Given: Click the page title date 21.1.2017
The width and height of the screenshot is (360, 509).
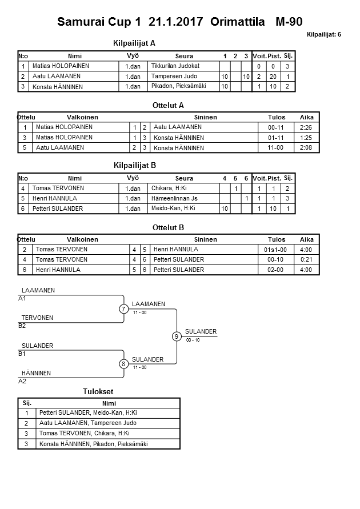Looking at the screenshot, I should (x=177, y=22).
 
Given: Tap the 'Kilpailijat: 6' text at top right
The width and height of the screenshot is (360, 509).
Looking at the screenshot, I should (x=324, y=35).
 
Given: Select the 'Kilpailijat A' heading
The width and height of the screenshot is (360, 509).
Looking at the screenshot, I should (x=135, y=43).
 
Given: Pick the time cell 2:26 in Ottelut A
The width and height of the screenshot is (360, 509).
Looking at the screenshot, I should (x=306, y=127).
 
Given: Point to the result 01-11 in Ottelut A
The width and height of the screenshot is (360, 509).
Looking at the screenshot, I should (x=276, y=138).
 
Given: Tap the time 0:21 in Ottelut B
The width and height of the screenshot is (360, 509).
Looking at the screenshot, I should (x=306, y=260).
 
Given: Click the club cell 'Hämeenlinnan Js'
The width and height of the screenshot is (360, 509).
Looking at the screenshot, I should (x=174, y=198).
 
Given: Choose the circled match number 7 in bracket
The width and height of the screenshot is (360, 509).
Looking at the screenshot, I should (x=123, y=309).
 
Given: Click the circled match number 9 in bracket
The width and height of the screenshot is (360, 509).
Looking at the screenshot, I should (x=177, y=336).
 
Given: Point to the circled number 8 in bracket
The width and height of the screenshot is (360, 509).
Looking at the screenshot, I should (x=123, y=364).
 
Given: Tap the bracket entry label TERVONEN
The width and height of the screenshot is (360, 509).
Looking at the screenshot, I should (x=37, y=318).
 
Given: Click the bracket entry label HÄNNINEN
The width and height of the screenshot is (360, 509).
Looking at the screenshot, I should (x=36, y=373).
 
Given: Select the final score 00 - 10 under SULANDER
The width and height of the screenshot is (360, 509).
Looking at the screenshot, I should (x=193, y=340).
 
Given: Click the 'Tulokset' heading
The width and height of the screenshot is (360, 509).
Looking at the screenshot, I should (x=98, y=392).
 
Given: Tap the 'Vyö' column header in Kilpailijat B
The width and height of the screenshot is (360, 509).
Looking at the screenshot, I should (x=133, y=178).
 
